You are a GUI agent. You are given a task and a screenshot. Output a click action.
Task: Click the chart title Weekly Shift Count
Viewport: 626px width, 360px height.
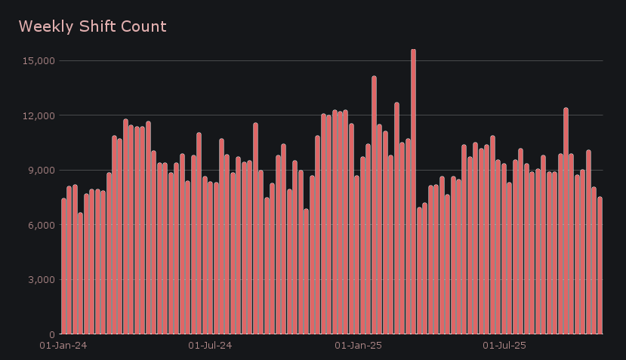(x=92, y=27)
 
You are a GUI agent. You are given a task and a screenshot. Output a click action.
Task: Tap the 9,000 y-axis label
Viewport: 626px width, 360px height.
(x=41, y=171)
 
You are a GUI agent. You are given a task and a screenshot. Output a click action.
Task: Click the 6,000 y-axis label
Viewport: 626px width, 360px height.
(x=41, y=225)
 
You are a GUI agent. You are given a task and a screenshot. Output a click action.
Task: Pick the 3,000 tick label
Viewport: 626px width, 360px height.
(x=41, y=280)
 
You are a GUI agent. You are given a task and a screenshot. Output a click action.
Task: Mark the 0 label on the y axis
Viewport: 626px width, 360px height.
(x=51, y=334)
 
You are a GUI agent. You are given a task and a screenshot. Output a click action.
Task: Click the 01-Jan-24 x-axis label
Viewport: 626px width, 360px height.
(x=63, y=346)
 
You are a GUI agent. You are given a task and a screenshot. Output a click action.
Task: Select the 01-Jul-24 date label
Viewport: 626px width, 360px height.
(x=209, y=346)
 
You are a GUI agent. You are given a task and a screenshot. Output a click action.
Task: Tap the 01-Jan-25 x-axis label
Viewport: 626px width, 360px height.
(x=357, y=346)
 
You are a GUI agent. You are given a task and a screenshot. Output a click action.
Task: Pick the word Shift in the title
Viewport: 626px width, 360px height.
(x=98, y=27)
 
